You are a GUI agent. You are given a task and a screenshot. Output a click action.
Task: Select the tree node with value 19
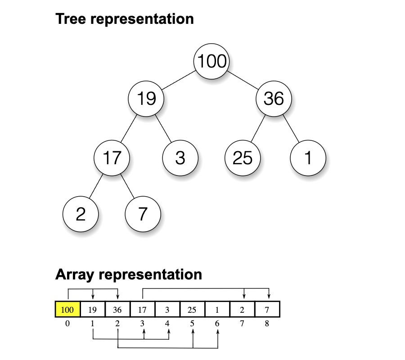tap(146, 98)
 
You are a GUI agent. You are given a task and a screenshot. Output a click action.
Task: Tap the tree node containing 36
tap(274, 98)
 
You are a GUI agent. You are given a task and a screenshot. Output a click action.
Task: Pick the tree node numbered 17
tap(112, 158)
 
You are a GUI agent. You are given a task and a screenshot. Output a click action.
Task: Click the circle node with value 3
tap(180, 158)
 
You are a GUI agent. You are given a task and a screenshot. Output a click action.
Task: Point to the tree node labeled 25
tap(243, 158)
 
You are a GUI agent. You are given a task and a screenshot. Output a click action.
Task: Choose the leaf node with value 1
tap(308, 158)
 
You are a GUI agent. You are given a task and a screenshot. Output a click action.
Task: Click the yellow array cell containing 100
tap(67, 310)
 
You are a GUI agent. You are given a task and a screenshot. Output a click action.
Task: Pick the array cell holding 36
tap(117, 310)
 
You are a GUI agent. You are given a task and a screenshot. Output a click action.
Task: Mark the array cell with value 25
tap(192, 310)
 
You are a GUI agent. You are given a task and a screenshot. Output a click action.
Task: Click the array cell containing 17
tap(142, 310)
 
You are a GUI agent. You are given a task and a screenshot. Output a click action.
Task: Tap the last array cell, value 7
tap(267, 310)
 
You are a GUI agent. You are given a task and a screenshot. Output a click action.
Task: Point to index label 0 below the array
tap(67, 323)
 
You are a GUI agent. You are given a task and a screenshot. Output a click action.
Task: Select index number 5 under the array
tap(193, 323)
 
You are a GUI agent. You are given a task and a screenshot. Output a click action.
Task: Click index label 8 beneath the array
tap(267, 323)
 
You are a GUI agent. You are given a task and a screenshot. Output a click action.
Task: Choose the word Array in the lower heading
tap(75, 274)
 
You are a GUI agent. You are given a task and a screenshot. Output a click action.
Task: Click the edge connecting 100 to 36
tap(243, 80)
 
